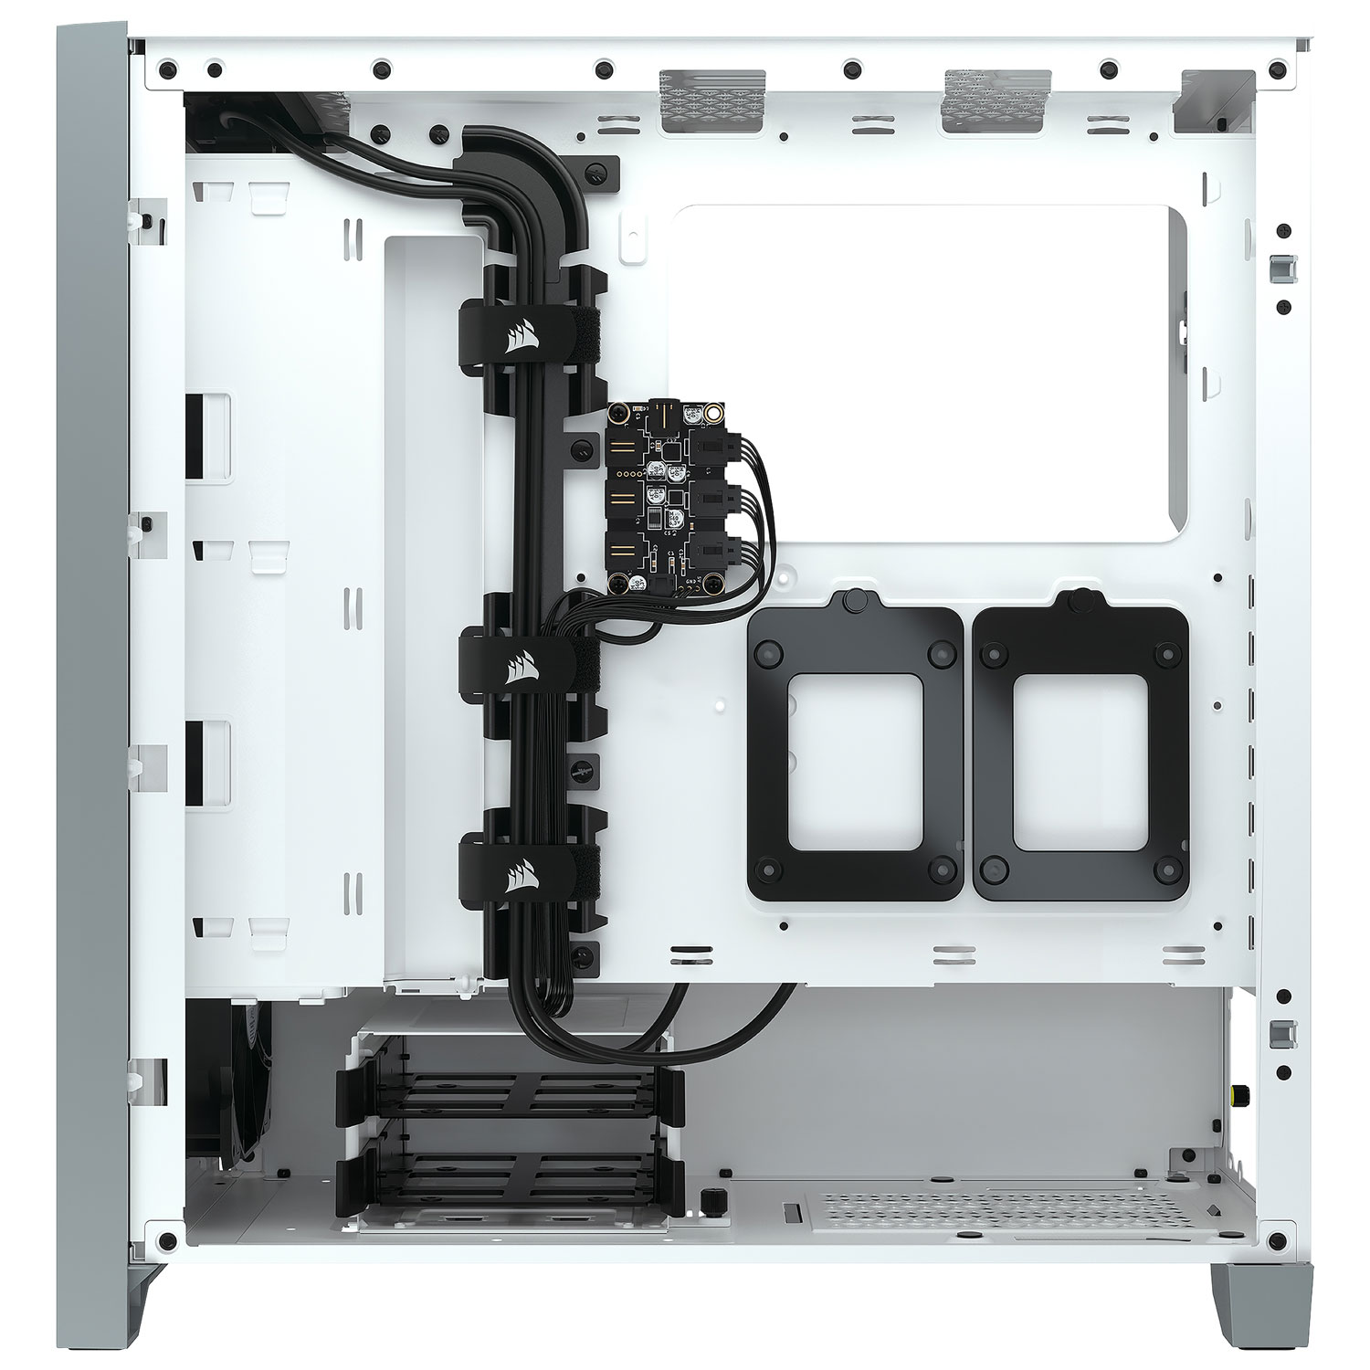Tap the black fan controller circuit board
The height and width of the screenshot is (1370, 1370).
661,497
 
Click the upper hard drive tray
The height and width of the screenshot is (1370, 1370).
511,1096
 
